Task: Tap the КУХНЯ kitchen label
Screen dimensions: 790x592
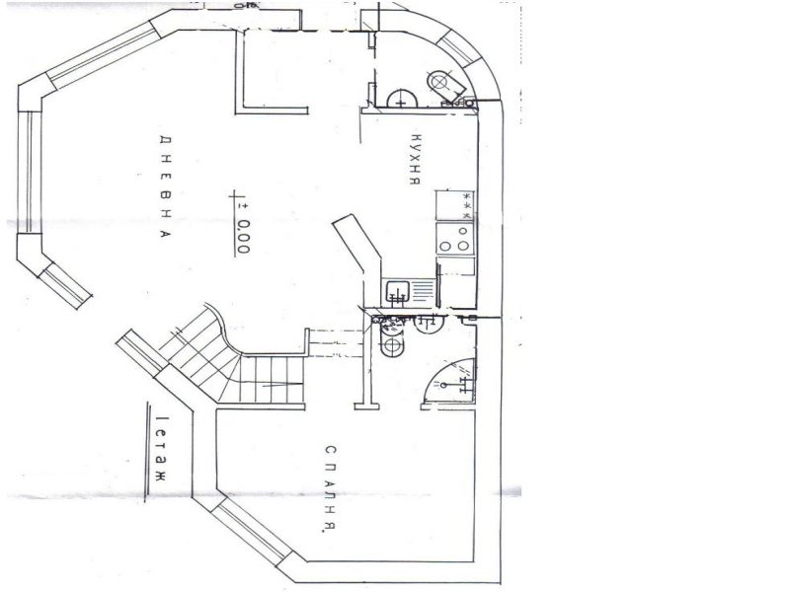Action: pos(416,159)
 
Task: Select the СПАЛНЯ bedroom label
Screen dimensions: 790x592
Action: pos(331,488)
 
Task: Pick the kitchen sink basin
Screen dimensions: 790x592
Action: pos(398,292)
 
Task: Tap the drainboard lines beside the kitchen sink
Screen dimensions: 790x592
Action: pos(423,291)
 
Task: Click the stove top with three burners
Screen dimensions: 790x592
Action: pos(455,239)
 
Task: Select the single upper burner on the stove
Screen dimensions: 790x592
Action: pos(462,231)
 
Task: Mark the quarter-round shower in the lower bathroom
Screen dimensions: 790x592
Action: pos(450,382)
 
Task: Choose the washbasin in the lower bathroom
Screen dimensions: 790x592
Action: pos(429,323)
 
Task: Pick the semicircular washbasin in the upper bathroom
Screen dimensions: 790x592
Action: pos(402,99)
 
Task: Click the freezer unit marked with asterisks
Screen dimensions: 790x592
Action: pos(455,205)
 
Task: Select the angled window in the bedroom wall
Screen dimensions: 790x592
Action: pos(251,530)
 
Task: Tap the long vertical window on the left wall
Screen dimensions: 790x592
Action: pos(30,172)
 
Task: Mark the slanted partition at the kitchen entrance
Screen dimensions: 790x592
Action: pos(357,243)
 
